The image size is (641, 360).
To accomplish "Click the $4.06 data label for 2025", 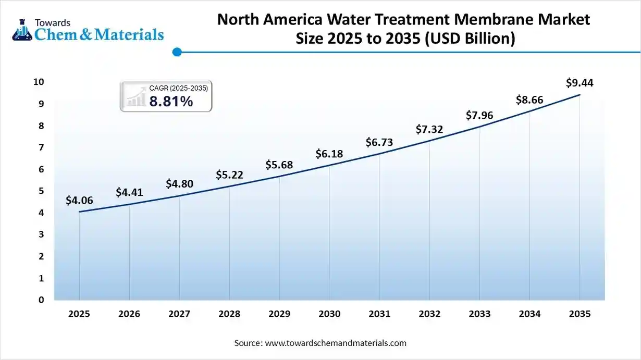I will pos(79,200).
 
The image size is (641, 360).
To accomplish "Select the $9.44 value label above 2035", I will pos(580,83).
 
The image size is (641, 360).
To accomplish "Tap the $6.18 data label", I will pos(329,154).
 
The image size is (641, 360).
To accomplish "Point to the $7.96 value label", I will pos(479,115).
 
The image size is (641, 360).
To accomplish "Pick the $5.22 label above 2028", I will pos(229,175).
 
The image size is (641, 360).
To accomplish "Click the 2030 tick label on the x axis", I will pos(329,314).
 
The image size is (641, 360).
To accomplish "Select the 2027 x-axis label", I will pos(179,314).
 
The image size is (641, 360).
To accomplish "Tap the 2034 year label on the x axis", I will pos(529,314).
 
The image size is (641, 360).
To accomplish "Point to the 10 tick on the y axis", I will pos(39,82).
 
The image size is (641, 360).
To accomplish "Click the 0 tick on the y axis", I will pos(41,300).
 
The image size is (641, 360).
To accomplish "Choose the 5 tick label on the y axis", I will pos(41,191).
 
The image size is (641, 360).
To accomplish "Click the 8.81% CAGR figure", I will pos(171,102).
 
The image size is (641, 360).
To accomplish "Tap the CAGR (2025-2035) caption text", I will pos(179,89).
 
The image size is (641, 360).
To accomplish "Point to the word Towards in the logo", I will pos(52,22).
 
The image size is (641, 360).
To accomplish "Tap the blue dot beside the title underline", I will pos(177,52).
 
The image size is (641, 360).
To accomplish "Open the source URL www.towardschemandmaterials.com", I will pos(336,343).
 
